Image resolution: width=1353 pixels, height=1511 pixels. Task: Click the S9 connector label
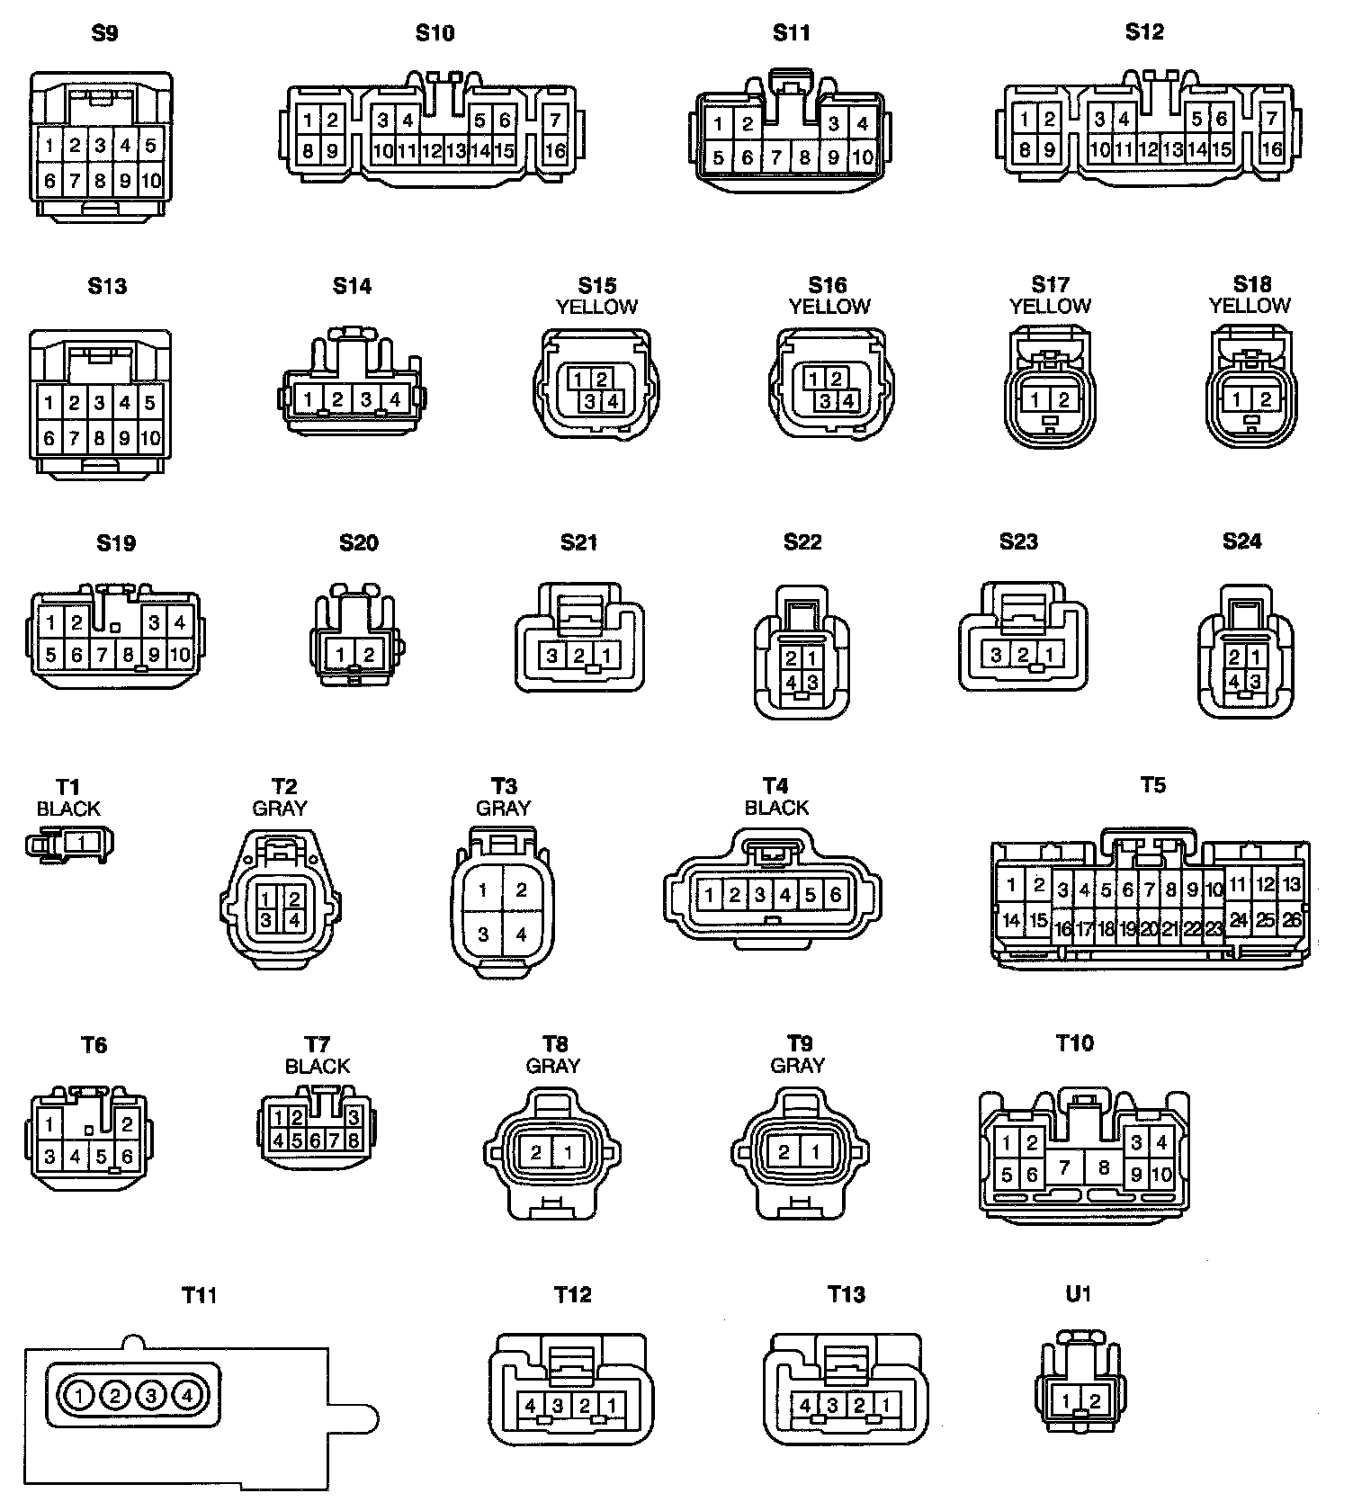105,34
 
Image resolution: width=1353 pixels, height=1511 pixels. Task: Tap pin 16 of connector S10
555,150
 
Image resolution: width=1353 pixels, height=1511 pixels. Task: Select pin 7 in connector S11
776,157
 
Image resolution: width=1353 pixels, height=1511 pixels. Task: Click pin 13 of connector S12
1172,149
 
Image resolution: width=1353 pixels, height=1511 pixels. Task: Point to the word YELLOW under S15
596,308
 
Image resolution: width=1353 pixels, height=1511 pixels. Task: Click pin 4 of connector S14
394,398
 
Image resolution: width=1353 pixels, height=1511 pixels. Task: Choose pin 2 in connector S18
1266,400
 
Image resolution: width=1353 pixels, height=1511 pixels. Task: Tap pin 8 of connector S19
129,654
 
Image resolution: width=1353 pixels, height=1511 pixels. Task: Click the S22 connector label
802,542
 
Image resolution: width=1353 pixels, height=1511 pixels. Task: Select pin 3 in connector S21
552,656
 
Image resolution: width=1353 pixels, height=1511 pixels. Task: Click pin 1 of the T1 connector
81,843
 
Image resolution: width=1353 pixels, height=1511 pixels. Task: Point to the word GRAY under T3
503,808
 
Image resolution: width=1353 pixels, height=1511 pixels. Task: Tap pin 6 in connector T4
836,894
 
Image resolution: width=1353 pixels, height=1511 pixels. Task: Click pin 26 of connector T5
1292,920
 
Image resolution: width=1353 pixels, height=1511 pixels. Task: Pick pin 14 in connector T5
1011,920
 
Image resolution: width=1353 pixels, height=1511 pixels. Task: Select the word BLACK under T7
317,1067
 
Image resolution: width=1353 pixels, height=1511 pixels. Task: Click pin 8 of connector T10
1104,1167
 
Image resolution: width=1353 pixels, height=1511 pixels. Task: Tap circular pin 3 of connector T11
152,1396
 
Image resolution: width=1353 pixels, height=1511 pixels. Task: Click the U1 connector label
1078,1294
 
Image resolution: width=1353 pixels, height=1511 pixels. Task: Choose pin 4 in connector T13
806,1405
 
